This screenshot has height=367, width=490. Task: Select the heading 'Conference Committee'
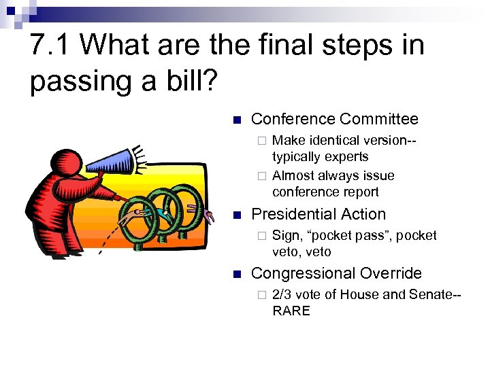pos(334,119)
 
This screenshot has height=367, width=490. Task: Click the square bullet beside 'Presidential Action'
pos(236,215)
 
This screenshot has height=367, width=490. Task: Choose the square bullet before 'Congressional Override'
pos(236,274)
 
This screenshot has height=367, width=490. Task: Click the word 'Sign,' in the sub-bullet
pos(286,235)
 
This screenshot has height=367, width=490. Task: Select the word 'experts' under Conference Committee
pos(346,156)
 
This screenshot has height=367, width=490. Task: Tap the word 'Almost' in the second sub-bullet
pos(291,175)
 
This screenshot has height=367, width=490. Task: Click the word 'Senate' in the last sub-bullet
pos(433,294)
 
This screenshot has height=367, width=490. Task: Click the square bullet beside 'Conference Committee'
pos(236,120)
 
